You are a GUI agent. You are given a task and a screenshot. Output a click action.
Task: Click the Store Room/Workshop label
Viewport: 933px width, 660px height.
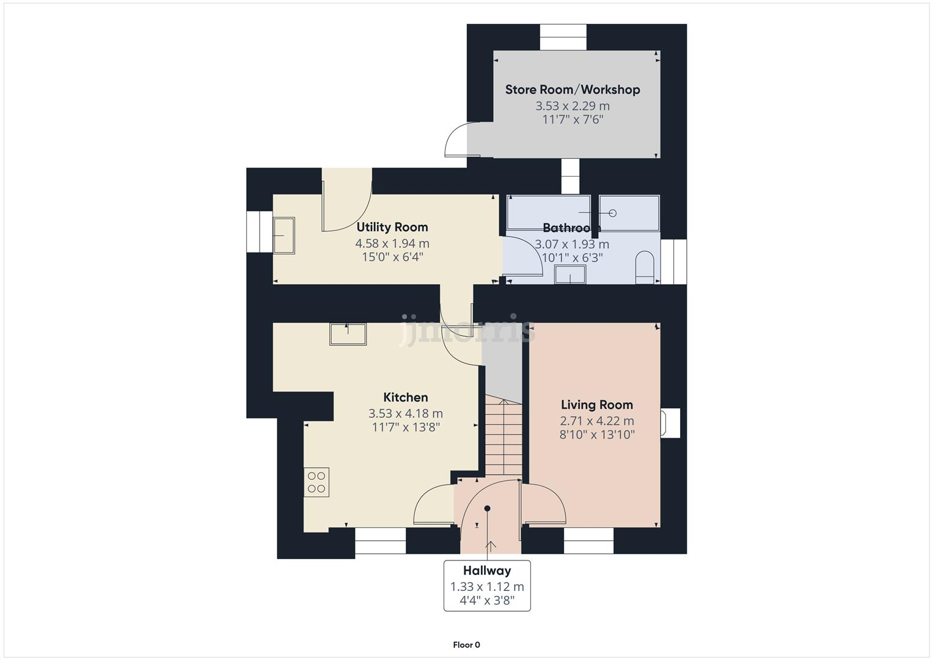coord(573,90)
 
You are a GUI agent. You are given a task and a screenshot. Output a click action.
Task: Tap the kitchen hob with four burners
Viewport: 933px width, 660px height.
coord(316,482)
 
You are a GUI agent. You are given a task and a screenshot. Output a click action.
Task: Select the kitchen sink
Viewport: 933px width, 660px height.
coord(348,334)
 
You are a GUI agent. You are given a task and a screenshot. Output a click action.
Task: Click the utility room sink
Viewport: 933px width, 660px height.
coord(284,235)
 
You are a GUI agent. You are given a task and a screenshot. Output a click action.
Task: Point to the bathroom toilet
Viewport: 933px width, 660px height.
coord(645,268)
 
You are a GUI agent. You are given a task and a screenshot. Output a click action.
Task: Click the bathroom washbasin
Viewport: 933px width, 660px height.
coord(570,276)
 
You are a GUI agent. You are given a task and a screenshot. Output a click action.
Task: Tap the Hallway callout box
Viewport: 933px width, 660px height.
coord(487,586)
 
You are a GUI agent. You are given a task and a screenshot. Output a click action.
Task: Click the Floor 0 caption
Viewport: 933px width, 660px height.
coord(466,645)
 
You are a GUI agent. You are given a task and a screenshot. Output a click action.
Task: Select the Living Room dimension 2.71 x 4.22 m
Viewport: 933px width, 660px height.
coord(597,421)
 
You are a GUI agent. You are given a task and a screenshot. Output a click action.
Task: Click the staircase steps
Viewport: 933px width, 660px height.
coord(503,437)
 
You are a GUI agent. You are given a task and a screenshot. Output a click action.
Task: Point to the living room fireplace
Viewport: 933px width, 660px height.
coord(670,422)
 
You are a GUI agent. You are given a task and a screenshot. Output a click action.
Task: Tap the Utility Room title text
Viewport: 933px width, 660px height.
coord(392,227)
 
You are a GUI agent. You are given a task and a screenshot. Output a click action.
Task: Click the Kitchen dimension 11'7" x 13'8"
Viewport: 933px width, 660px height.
coord(406,427)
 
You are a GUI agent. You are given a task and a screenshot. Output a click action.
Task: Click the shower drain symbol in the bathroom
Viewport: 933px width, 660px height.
coord(613,213)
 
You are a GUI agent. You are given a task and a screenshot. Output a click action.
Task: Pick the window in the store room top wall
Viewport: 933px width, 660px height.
coord(563,37)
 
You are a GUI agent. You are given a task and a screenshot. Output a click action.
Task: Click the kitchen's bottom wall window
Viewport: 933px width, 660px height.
coord(380,541)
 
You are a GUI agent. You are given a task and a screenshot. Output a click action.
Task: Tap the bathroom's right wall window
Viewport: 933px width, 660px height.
coord(673,262)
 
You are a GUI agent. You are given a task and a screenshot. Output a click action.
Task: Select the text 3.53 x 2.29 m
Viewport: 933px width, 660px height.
coord(573,106)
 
